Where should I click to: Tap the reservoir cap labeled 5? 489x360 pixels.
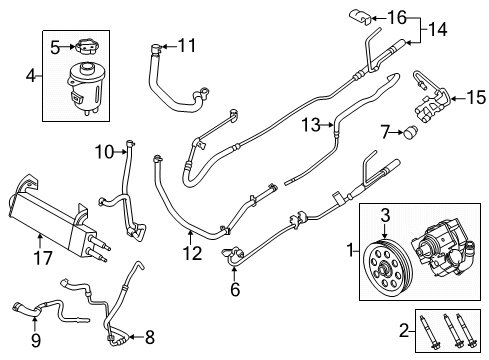pos(87,45)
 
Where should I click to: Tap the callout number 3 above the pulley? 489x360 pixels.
pos(384,213)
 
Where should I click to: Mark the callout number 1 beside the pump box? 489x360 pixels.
pos(348,247)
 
